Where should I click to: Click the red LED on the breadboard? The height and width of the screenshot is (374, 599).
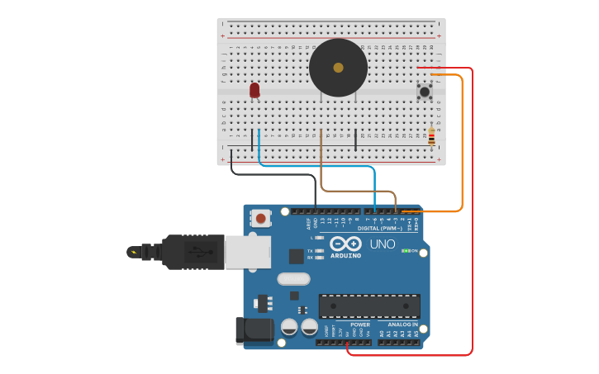coord(254,89)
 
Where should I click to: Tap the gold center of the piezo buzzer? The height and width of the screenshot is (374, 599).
coord(338,68)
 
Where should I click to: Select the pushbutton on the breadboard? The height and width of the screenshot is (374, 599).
coord(425,91)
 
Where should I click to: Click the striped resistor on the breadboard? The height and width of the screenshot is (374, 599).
coord(431,135)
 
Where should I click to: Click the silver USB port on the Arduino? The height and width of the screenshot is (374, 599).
coord(248,252)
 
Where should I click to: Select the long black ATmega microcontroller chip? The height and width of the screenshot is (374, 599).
coord(369,306)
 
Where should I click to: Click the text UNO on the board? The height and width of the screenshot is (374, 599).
coord(382,244)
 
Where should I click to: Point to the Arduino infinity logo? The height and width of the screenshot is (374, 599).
coord(345,244)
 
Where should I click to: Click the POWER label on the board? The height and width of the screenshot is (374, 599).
coord(360,324)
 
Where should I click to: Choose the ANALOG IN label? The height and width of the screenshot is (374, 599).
coord(403,324)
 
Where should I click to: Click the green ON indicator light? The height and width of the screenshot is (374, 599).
coord(405,250)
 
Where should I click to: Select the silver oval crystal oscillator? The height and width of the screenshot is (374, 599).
coord(293,279)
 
